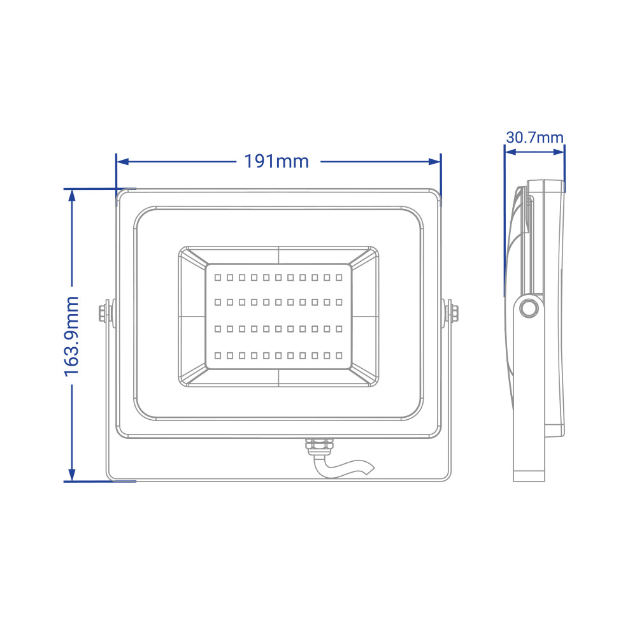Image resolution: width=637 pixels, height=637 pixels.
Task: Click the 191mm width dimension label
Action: pyautogui.click(x=276, y=162)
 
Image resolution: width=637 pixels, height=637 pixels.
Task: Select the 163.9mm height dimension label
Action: pyautogui.click(x=71, y=336)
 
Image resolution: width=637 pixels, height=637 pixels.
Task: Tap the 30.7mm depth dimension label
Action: pyautogui.click(x=534, y=138)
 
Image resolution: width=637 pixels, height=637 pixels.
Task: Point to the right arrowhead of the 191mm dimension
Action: pyautogui.click(x=434, y=162)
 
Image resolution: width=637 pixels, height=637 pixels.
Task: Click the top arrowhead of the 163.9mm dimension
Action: pyautogui.click(x=72, y=196)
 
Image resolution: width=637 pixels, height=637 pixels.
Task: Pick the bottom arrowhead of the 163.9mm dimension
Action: pyautogui.click(x=72, y=475)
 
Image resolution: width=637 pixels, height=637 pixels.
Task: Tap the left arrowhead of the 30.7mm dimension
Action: pyautogui.click(x=510, y=152)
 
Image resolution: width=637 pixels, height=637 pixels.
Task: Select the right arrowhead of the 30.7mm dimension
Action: pyautogui.click(x=559, y=152)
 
